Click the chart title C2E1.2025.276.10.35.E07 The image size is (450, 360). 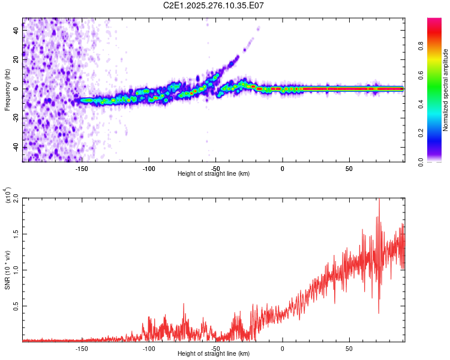(x=214, y=5)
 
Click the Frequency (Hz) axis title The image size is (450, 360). (x=7, y=90)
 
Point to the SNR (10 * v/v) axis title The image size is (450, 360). (x=7, y=269)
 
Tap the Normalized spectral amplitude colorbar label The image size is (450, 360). (x=446, y=90)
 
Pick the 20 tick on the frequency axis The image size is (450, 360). (x=16, y=59)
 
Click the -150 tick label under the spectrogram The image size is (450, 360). (x=82, y=168)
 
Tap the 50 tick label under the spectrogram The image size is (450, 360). (x=349, y=168)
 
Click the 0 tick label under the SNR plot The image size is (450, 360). (x=282, y=349)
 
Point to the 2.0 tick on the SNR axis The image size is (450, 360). (x=16, y=197)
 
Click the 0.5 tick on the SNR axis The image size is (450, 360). (x=16, y=305)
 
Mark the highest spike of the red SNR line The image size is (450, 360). (x=379, y=200)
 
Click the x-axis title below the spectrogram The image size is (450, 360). (x=214, y=174)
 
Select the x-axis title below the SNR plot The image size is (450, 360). (x=214, y=355)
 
